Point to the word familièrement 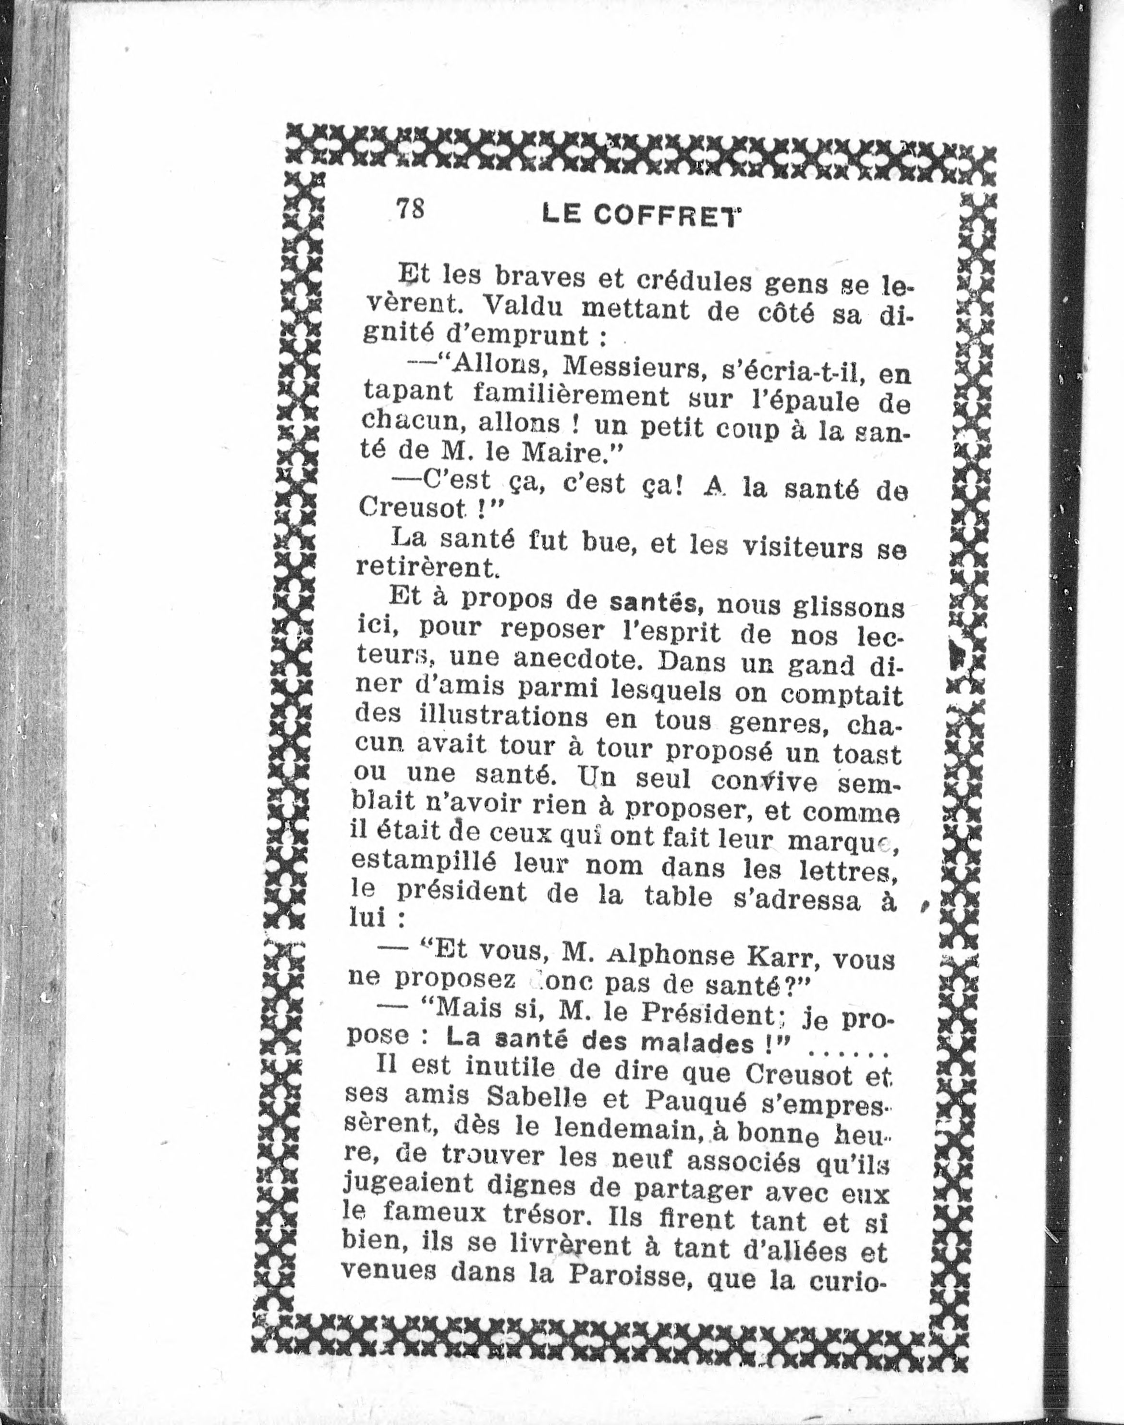pyautogui.click(x=571, y=397)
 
